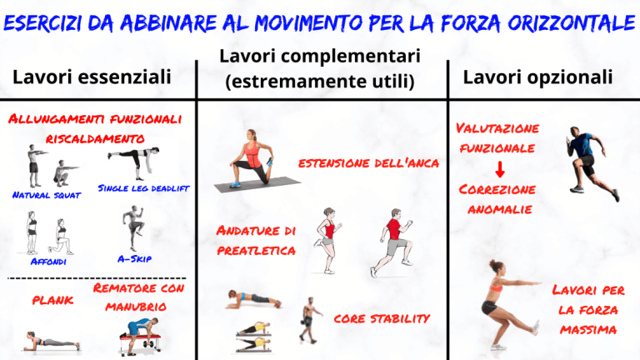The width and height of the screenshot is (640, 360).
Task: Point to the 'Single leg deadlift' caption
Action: [x=144, y=188]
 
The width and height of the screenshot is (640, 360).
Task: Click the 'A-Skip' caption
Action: [x=133, y=259]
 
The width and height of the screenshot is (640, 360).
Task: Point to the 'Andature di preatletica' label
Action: [x=256, y=239]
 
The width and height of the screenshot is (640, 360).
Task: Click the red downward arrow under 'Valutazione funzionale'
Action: [x=499, y=171]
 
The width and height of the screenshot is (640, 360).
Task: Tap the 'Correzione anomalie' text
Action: [x=497, y=199]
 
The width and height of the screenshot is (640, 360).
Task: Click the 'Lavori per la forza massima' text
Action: [x=585, y=309]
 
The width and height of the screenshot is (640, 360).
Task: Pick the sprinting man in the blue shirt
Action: [x=588, y=164]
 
